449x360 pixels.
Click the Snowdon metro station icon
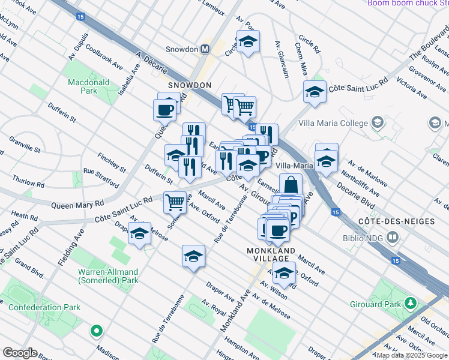205,49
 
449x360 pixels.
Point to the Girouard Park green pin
411,302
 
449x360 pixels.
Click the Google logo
19,353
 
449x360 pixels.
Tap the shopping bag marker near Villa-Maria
291,184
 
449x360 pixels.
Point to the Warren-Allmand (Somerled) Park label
108,275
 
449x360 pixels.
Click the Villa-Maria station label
295,165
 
